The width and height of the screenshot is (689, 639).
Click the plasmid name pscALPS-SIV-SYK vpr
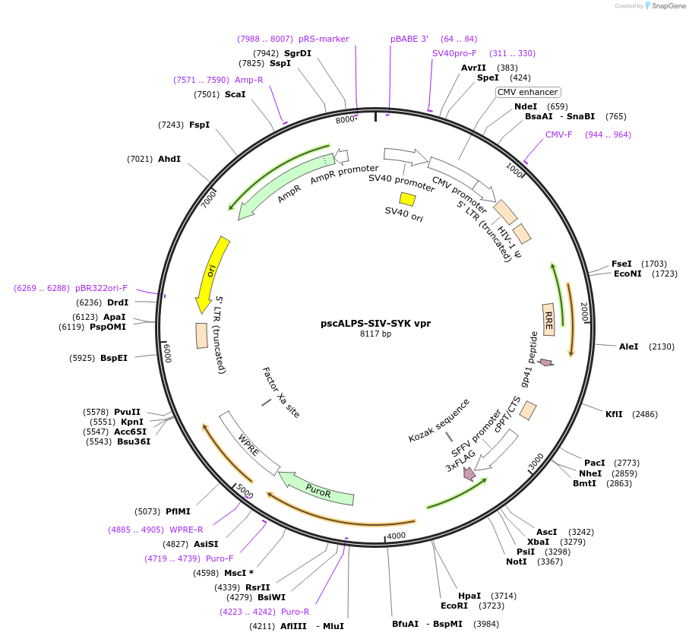[x=375, y=323]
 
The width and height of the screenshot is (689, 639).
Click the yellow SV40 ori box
[x=408, y=199]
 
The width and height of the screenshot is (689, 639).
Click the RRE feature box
[x=548, y=315]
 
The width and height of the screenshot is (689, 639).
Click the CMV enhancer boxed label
[x=527, y=92]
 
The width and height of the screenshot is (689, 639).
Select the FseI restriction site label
[x=621, y=264]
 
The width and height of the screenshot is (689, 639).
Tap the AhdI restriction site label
[x=169, y=159]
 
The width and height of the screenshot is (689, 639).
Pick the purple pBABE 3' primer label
[x=409, y=39]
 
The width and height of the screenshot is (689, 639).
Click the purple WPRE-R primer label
[x=186, y=530]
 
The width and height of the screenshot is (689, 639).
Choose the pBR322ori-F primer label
[x=101, y=288]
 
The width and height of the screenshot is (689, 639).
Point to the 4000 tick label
[x=397, y=536]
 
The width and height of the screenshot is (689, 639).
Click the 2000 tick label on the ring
[x=583, y=311]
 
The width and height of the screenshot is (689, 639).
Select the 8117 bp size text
[x=375, y=334]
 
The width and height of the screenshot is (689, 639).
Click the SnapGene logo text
[x=665, y=6]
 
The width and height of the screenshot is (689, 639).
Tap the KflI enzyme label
[x=614, y=414]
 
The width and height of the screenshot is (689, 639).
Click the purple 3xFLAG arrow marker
[x=469, y=473]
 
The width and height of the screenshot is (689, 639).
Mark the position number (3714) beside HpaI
[x=503, y=596]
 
